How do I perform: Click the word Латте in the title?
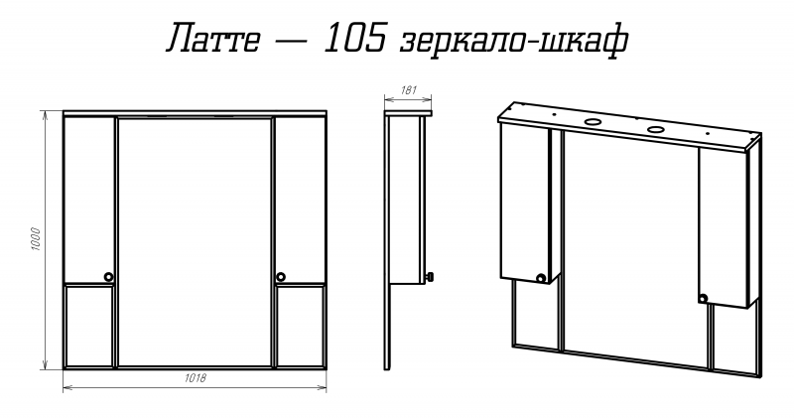coord(212,39)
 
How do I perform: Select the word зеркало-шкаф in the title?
coord(514,42)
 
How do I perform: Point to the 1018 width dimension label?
coord(195,377)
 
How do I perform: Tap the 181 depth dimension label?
coord(408,90)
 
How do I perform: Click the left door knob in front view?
coord(108,277)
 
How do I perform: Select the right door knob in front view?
coord(281,277)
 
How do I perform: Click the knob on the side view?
coord(431,277)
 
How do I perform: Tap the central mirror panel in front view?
coord(195,241)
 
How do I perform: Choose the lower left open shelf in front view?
coord(89,326)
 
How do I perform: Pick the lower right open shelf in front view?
coord(301,326)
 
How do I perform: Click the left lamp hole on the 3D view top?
coord(592,121)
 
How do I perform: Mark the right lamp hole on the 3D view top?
coord(656,129)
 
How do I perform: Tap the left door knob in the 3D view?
coord(541,278)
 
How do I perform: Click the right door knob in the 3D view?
coord(703,299)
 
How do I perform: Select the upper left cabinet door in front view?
coord(89,201)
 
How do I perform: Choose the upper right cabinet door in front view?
coord(301,201)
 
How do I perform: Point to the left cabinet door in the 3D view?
coord(525,204)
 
